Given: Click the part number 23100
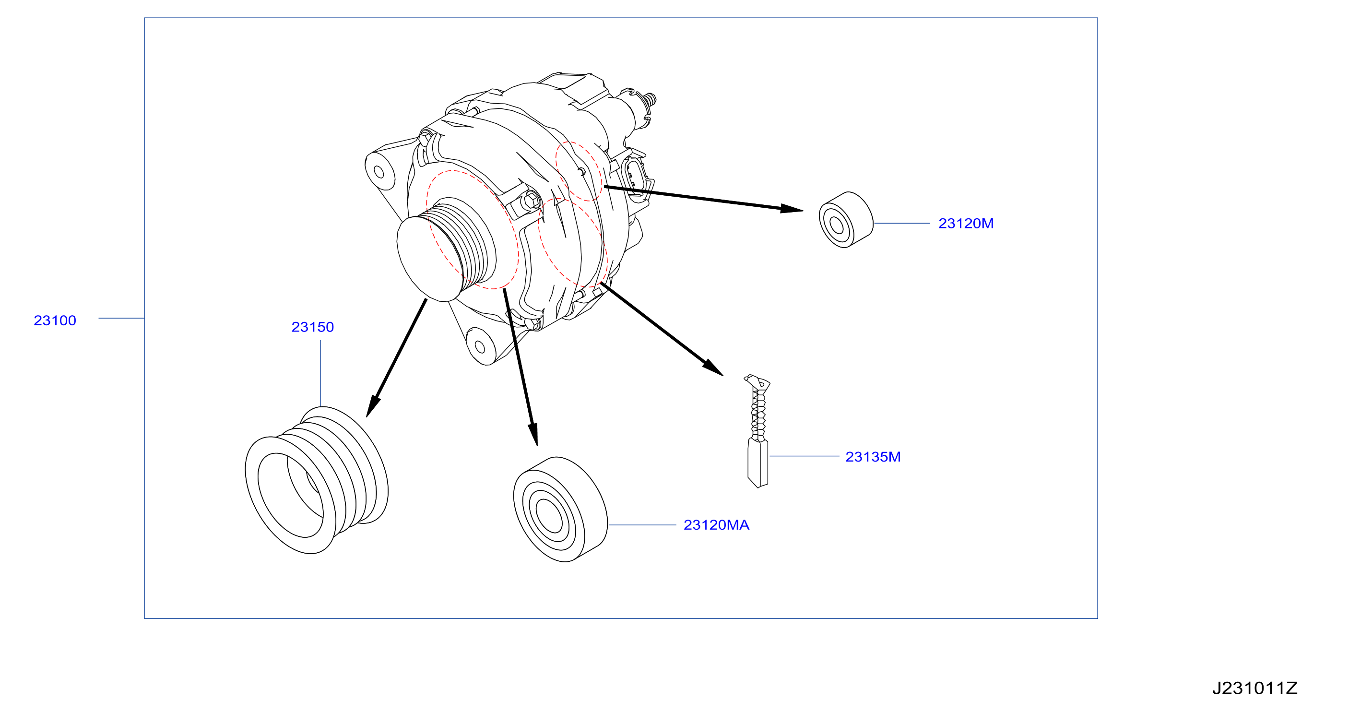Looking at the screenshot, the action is [x=55, y=320].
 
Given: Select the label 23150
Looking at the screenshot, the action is [x=313, y=327].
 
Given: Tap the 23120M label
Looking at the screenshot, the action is [x=966, y=223].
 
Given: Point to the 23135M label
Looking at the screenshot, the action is [x=873, y=457].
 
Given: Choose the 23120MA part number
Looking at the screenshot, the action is [x=716, y=525].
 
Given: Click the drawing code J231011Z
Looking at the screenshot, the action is [x=1255, y=688].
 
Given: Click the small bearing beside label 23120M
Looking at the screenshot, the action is [x=846, y=220].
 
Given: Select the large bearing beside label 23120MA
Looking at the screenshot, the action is [x=560, y=510].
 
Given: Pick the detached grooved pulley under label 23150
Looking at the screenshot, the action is [x=316, y=480].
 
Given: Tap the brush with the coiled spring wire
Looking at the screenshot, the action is [x=758, y=431].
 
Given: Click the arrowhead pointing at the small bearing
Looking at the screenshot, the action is [x=792, y=209].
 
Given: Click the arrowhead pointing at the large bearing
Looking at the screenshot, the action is [x=533, y=434].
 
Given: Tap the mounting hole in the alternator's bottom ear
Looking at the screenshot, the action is [x=479, y=347].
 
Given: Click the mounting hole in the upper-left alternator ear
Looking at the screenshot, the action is [x=379, y=172].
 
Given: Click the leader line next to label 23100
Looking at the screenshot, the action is [x=121, y=318].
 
